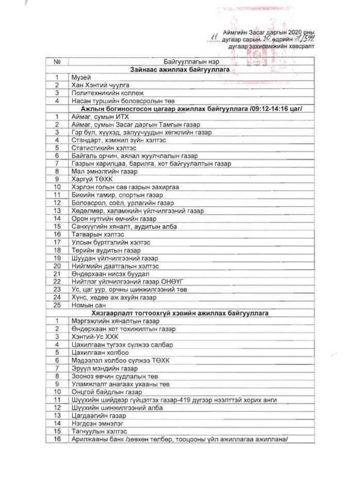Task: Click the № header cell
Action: [57, 61]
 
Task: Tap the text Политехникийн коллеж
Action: [104, 93]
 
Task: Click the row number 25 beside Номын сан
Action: [57, 305]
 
